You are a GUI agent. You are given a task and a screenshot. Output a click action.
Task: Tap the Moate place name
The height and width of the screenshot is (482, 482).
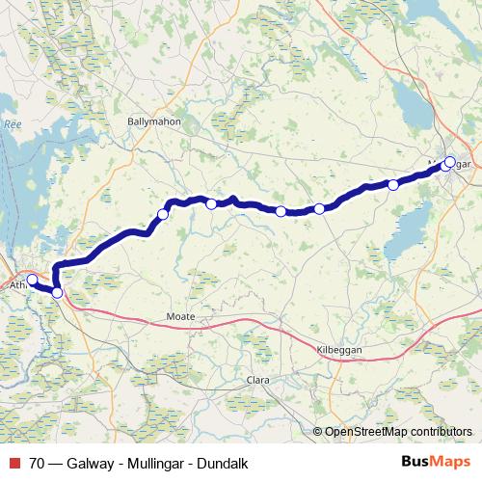[x=180, y=316]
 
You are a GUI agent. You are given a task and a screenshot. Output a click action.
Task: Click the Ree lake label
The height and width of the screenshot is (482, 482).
[x=12, y=123]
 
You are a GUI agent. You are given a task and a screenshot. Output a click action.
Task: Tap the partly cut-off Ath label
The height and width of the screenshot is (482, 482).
[x=17, y=286]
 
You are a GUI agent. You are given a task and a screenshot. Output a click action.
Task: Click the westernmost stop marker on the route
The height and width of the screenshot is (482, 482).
[x=32, y=281]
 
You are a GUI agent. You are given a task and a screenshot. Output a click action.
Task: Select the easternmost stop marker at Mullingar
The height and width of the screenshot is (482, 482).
[x=449, y=162]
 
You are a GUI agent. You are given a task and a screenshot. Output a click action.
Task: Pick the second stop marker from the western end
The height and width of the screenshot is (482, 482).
[x=57, y=293]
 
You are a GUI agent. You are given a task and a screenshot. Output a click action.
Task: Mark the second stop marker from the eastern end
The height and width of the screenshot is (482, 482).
[x=393, y=184]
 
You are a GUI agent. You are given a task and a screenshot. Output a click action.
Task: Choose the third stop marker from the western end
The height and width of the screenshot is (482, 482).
[x=163, y=214]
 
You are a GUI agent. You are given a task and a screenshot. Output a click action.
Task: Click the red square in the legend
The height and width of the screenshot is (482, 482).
[x=14, y=464]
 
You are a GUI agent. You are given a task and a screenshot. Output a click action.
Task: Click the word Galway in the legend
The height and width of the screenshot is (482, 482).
[x=89, y=464]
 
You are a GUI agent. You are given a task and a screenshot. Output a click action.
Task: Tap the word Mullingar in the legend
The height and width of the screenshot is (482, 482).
[x=154, y=464]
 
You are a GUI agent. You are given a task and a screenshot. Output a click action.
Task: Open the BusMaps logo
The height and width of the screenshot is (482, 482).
[x=435, y=463]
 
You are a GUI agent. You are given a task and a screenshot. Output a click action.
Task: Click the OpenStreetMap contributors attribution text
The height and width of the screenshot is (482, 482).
[x=398, y=431]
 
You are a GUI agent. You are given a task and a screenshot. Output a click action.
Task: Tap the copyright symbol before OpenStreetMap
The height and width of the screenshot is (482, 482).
[x=317, y=431]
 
